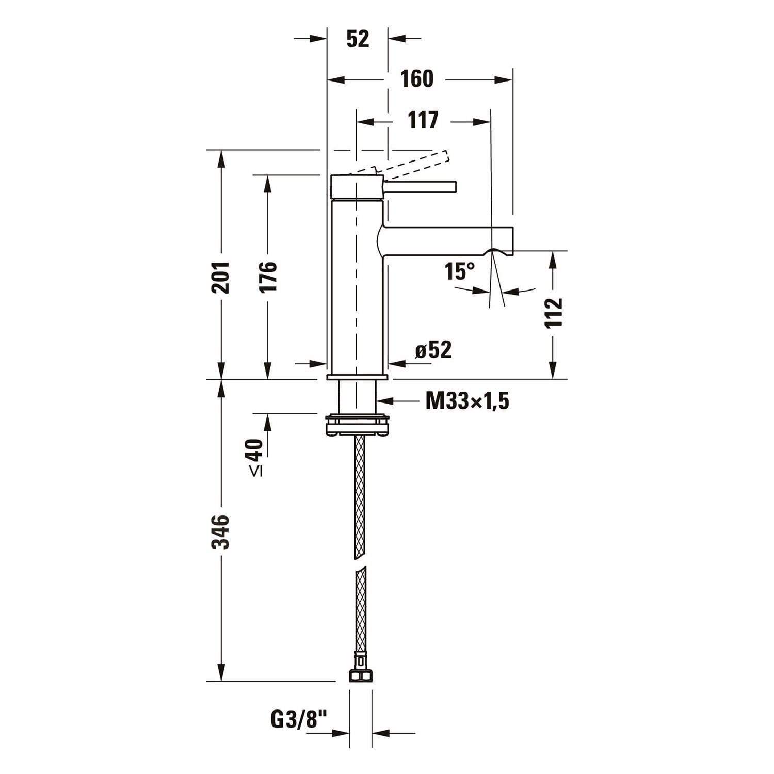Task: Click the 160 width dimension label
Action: [x=417, y=79]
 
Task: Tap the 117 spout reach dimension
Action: [x=423, y=120]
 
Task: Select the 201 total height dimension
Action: [x=221, y=277]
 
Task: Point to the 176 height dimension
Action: [x=268, y=277]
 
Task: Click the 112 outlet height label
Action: [x=553, y=313]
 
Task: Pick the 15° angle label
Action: [x=459, y=271]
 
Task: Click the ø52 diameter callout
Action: [x=433, y=350]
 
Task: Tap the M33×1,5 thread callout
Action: [x=467, y=400]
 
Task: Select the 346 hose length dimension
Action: [x=221, y=531]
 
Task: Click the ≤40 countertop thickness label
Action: [x=256, y=457]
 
